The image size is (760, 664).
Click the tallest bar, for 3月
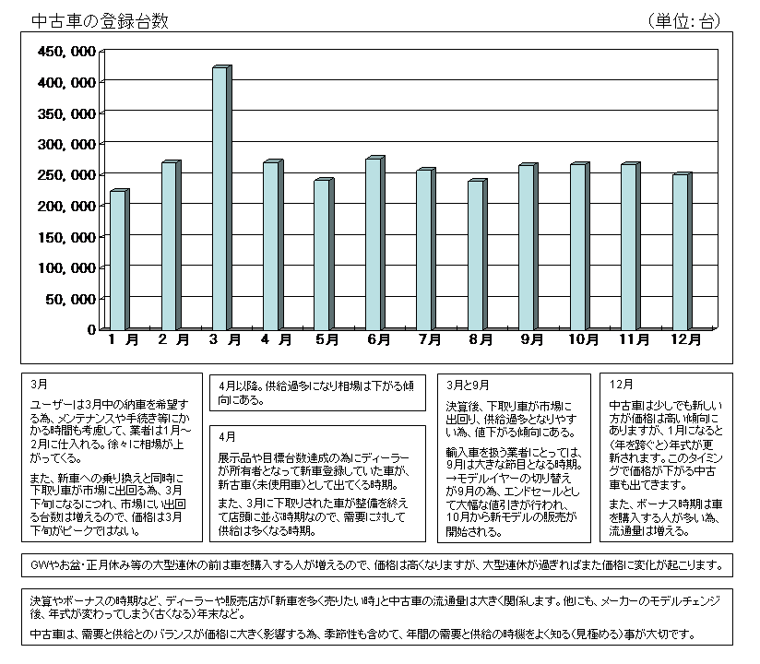point(220,198)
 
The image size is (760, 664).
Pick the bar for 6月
point(373,244)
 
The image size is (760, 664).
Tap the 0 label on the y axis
point(91,329)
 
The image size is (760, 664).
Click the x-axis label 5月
point(327,340)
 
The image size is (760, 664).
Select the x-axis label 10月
point(583,340)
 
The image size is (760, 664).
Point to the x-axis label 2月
point(173,340)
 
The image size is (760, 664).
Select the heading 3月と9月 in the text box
point(469,383)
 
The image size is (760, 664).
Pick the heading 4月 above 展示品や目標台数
point(227,435)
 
